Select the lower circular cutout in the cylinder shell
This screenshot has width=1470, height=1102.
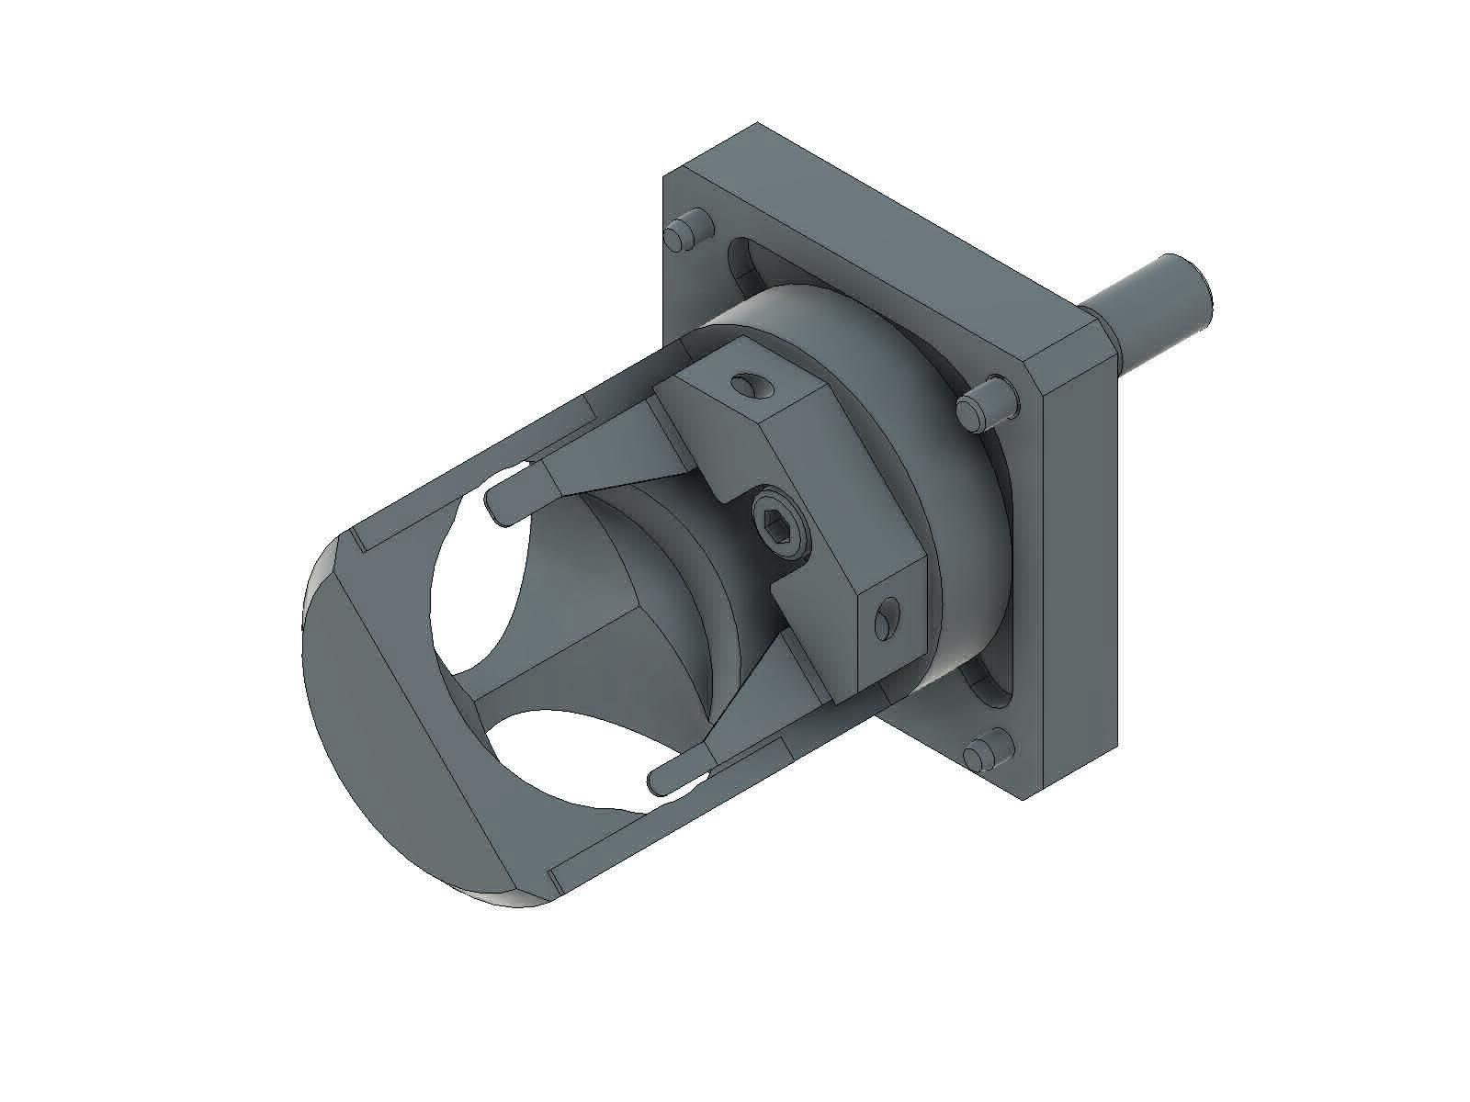pyautogui.click(x=560, y=762)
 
